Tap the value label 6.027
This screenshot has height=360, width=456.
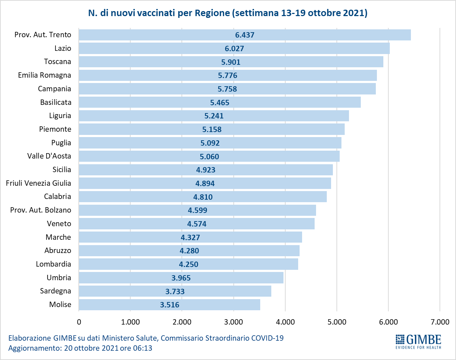tap(234, 49)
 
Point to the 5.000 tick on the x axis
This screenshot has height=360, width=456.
tap(337, 322)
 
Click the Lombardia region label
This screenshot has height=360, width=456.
tap(53, 264)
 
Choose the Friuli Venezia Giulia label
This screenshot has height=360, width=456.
tap(39, 183)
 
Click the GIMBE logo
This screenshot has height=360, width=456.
tap(418, 341)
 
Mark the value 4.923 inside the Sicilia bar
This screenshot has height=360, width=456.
tap(206, 170)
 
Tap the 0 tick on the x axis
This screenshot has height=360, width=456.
tap(79, 322)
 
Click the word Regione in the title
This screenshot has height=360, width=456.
tap(212, 13)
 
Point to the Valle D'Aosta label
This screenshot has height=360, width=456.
tap(49, 156)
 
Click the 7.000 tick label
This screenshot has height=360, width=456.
tap(440, 322)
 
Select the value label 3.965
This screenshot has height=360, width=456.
tap(181, 278)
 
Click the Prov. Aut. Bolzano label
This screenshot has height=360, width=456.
tap(40, 210)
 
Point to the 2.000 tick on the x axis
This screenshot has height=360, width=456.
tap(182, 322)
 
